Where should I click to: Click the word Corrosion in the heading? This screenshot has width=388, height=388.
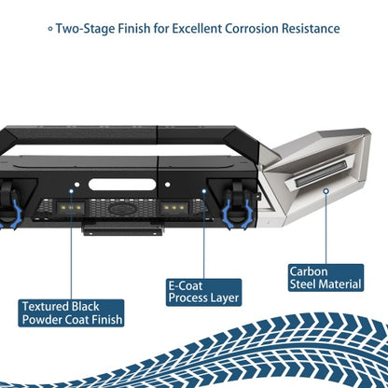pyautogui.click(x=252, y=29)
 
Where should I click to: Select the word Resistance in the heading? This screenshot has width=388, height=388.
pyautogui.click(x=311, y=29)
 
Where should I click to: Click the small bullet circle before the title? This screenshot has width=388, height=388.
pyautogui.click(x=50, y=29)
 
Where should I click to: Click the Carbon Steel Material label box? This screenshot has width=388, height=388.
pyautogui.click(x=326, y=278)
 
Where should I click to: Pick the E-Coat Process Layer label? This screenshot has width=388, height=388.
pyautogui.click(x=203, y=292)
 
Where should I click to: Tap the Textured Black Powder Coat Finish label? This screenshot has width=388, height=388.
pyautogui.click(x=71, y=313)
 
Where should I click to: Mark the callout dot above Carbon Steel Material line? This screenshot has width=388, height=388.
pyautogui.click(x=326, y=191)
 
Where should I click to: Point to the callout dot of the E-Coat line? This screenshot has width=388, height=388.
pyautogui.click(x=204, y=191)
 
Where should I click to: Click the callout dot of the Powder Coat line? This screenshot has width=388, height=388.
pyautogui.click(x=71, y=191)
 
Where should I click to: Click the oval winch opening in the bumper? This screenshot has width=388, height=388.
pyautogui.click(x=122, y=185)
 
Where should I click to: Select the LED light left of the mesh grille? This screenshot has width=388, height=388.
pyautogui.click(x=71, y=207)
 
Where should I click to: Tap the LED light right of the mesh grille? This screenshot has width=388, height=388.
pyautogui.click(x=174, y=208)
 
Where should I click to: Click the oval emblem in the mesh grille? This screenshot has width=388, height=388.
pyautogui.click(x=122, y=209)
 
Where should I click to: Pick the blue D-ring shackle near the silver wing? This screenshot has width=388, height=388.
pyautogui.click(x=238, y=215)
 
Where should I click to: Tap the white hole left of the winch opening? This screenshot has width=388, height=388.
pyautogui.click(x=76, y=185)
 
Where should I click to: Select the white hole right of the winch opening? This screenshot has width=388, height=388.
pyautogui.click(x=168, y=185)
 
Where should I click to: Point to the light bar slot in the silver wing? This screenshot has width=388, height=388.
pyautogui.click(x=320, y=173)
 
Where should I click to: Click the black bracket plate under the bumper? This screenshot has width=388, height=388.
pyautogui.click(x=122, y=229)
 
